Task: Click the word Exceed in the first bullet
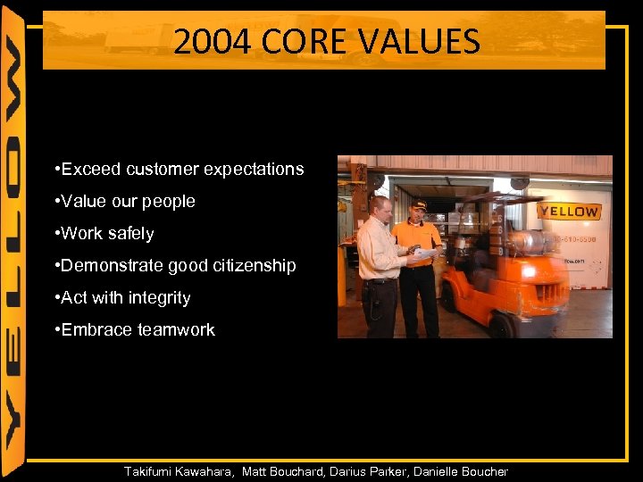(x=92, y=169)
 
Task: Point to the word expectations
(x=254, y=169)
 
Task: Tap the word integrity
(x=158, y=298)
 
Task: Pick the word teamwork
(x=176, y=330)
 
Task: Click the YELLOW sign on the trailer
(x=569, y=212)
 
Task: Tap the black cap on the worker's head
(x=417, y=204)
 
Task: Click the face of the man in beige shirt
(x=381, y=210)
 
